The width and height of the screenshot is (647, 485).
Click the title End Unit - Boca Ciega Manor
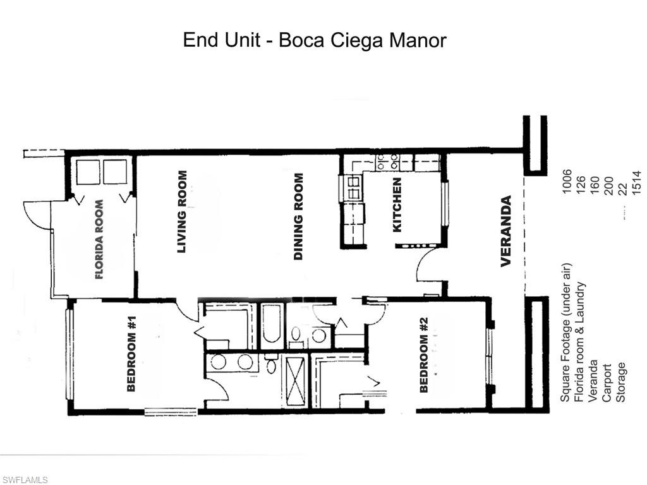click(315, 40)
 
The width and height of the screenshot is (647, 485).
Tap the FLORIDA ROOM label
click(99, 240)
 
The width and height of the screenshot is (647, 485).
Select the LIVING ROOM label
click(182, 212)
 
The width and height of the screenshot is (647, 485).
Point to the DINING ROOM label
click(299, 217)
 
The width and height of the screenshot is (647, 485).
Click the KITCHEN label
click(397, 205)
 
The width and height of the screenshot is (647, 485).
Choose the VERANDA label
click(506, 231)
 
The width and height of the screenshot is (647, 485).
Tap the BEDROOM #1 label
click(131, 354)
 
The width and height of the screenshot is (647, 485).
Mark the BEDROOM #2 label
click(424, 355)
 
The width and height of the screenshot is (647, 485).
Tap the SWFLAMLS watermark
click(25, 480)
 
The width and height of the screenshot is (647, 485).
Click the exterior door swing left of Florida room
click(36, 217)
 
